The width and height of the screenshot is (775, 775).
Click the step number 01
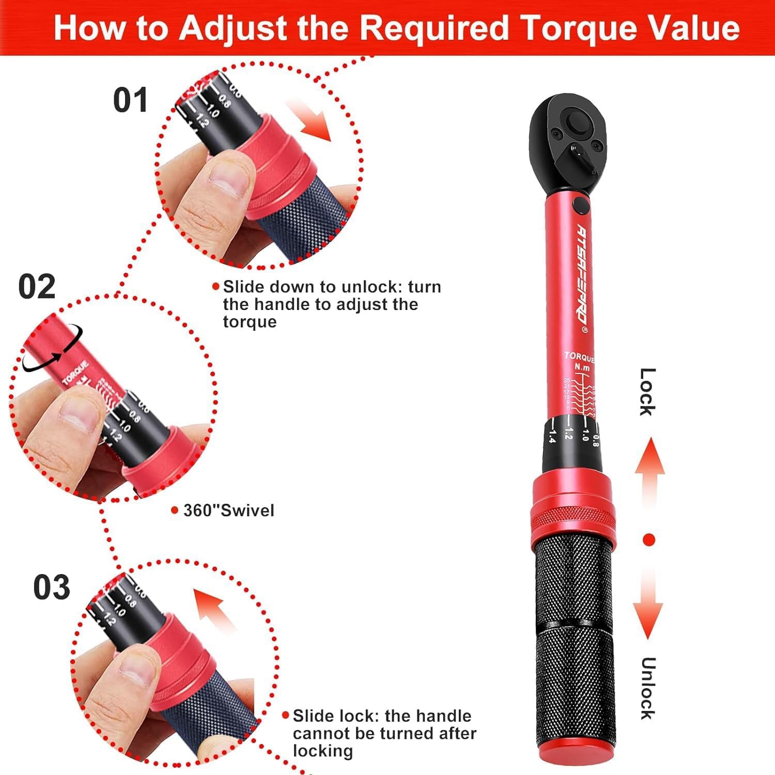pos(130,100)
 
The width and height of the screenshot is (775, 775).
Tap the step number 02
pos(37,286)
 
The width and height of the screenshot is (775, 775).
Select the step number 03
pos(51,587)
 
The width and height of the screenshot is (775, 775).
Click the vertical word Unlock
pos(647,688)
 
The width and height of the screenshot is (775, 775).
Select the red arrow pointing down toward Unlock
pos(648,605)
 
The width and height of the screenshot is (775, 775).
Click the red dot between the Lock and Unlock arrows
pos(649,540)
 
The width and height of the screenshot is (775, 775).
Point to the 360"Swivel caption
pos(228,510)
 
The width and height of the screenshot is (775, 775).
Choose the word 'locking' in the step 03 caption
pos(322,751)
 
